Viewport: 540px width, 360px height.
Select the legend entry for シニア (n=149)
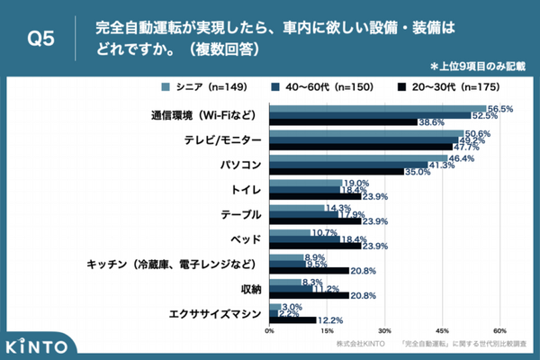pos(195,88)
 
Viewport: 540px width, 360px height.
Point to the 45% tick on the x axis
pos(443,329)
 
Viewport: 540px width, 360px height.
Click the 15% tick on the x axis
pos(328,329)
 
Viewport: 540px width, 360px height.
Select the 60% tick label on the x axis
pos(500,329)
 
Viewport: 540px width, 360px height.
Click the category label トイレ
pos(246,191)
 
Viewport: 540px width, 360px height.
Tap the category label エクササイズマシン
pos(215,314)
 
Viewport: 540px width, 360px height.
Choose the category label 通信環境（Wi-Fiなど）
pos(202,116)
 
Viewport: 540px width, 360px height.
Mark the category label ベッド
pos(246,240)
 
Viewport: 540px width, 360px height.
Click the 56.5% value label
pos(500,108)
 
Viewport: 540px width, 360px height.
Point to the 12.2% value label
pos(330,320)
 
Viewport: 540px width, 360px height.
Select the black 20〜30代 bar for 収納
pos(309,295)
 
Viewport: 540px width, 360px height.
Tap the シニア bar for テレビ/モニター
pos(366,133)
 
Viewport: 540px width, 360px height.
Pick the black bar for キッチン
pos(309,270)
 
